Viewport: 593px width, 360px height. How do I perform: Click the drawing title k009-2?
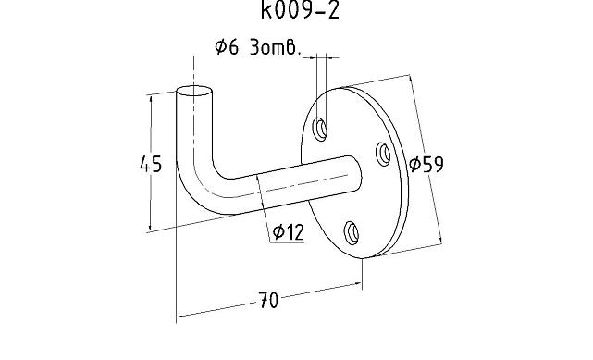pyautogui.click(x=301, y=10)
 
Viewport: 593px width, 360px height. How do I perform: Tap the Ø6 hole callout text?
pyautogui.click(x=258, y=47)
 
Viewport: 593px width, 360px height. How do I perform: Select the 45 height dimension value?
pyautogui.click(x=151, y=164)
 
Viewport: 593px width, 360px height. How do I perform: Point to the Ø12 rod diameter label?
pyautogui.click(x=289, y=232)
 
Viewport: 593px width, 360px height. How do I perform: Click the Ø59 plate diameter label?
pyautogui.click(x=426, y=164)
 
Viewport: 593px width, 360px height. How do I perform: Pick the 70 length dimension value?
pyautogui.click(x=268, y=300)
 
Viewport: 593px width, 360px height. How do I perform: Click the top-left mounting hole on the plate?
pyautogui.click(x=320, y=130)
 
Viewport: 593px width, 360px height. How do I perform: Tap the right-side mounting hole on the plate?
pyautogui.click(x=384, y=154)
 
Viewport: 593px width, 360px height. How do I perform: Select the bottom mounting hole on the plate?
pyautogui.click(x=352, y=232)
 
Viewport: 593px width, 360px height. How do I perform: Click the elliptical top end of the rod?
pyautogui.click(x=194, y=91)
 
